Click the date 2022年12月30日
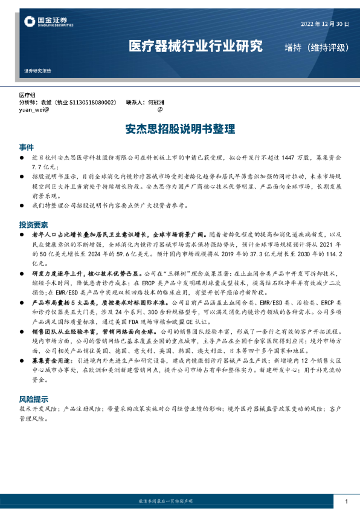click(324, 24)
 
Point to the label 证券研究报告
click(37, 71)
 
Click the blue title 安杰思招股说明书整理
click(180, 129)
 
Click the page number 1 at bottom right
click(346, 502)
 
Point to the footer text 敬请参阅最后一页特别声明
click(179, 502)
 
